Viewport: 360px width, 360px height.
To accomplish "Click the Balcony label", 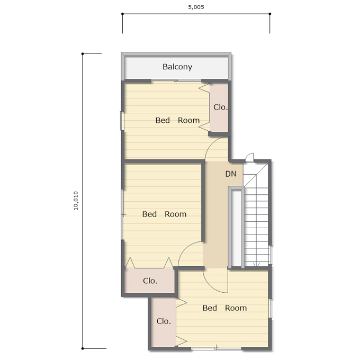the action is point(177,67).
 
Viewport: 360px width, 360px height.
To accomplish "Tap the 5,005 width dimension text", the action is point(196,7).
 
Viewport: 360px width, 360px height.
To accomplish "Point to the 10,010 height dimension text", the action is point(76,201).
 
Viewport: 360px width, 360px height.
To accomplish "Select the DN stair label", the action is point(231,174).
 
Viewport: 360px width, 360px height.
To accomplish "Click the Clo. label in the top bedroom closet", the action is point(220,107).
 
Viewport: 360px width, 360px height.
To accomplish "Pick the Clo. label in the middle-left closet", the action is point(150,281).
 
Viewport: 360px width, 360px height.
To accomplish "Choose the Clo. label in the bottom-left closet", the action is point(164,321).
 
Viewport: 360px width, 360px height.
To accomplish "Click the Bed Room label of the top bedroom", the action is point(177,120).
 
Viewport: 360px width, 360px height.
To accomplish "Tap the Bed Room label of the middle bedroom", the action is point(165,214).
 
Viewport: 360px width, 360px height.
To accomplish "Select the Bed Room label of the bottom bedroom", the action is point(224,308).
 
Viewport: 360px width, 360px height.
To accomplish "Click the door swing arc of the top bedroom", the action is point(210,143).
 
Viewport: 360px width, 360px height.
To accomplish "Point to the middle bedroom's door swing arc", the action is point(185,248).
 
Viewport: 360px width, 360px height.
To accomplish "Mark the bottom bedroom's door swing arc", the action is point(211,287).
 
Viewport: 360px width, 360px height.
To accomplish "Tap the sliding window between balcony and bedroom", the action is point(176,80).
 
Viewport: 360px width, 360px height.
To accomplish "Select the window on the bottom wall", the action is point(216,348).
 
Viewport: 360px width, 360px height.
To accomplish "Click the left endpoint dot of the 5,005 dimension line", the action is point(122,14).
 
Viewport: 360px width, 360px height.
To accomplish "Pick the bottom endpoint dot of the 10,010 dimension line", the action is point(83,348).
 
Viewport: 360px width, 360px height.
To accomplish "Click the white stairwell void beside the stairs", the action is point(236,228).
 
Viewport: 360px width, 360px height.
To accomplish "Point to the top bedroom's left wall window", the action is point(122,121).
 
